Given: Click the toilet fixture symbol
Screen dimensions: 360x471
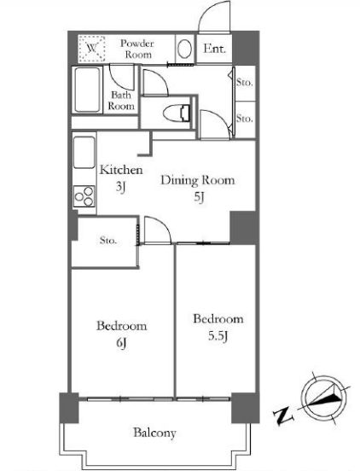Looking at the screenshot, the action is pos(177,113).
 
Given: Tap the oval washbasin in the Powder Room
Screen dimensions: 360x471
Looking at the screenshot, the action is pos(184,49).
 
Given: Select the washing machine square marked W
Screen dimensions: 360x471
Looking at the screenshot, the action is pos(91,49).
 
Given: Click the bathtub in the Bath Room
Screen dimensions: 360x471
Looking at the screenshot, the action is pos(87,90).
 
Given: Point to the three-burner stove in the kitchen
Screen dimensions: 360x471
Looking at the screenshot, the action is pos(84,196).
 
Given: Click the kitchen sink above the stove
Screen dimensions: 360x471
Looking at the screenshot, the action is pos(84,152).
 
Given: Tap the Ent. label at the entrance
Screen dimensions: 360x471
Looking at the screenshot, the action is pos(214,49).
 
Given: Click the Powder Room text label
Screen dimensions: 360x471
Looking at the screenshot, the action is pos(137,49).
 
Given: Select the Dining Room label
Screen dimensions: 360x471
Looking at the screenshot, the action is pos(198,180).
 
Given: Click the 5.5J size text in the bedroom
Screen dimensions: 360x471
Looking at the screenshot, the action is pos(218,336).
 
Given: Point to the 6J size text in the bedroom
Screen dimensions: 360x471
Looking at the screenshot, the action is pos(121,343).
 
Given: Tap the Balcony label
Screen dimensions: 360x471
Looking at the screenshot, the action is pos(154,433).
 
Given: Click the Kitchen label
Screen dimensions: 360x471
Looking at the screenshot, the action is pos(121,170).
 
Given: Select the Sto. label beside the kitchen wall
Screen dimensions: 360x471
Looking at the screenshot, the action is pos(107,241).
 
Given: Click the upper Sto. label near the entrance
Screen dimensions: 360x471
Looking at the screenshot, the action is pos(244,82).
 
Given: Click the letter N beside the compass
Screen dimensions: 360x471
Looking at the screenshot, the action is pos(283,416).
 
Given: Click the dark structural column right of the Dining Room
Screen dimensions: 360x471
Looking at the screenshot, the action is pos(244,227).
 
